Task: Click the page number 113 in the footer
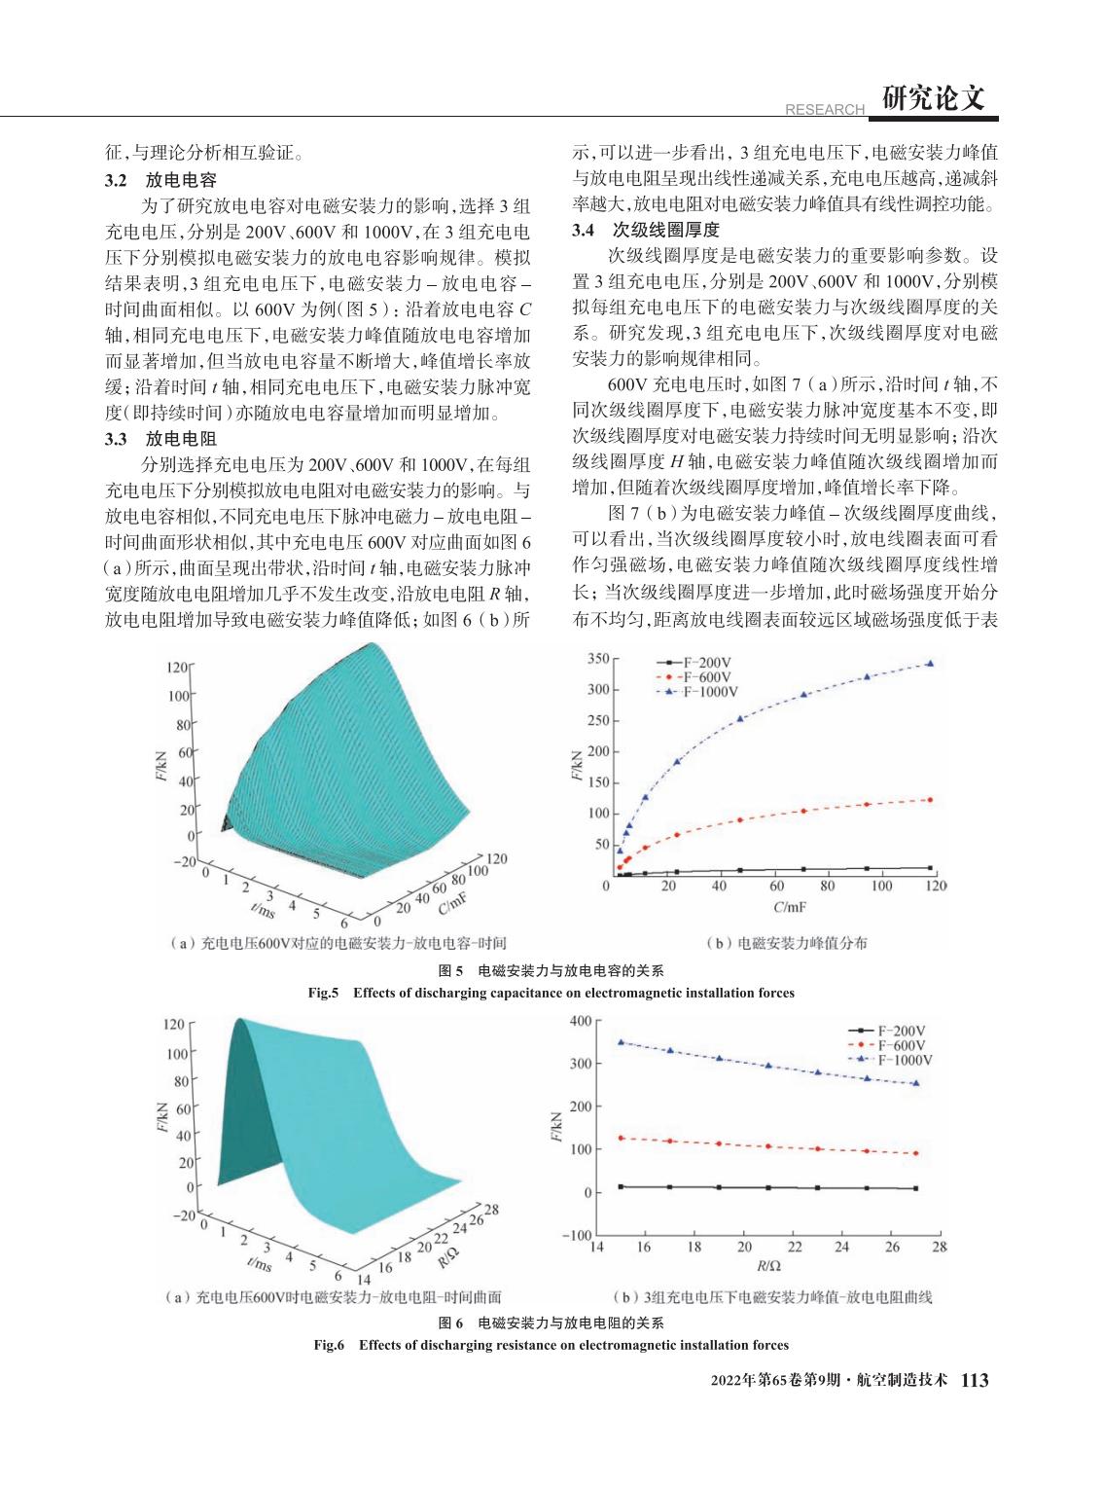pyautogui.click(x=974, y=1380)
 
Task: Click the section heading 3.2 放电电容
pyautogui.click(x=160, y=180)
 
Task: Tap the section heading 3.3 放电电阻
pyautogui.click(x=160, y=440)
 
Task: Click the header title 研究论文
pyautogui.click(x=933, y=98)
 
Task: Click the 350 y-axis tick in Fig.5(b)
pyautogui.click(x=597, y=660)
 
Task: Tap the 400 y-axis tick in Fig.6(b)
pyautogui.click(x=580, y=1021)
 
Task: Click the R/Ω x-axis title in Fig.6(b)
pyautogui.click(x=767, y=1266)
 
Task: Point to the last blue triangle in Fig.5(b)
pyautogui.click(x=930, y=663)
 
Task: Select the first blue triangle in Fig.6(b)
pyautogui.click(x=621, y=1042)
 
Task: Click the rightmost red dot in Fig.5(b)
pyautogui.click(x=930, y=800)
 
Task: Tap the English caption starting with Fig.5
pyautogui.click(x=551, y=994)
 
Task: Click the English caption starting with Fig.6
pyautogui.click(x=551, y=1345)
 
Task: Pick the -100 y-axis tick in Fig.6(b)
pyautogui.click(x=578, y=1236)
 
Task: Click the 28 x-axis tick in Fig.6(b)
pyautogui.click(x=940, y=1247)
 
